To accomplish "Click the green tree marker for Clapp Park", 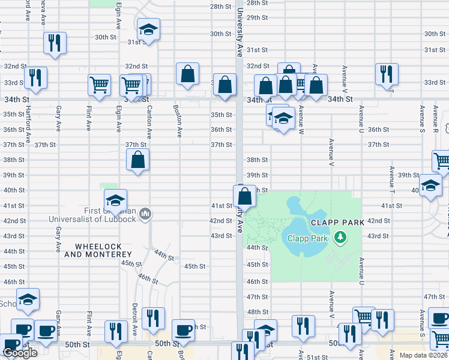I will point(341,238).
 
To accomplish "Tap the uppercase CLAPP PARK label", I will point(338,223).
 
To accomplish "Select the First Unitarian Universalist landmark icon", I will point(145,214).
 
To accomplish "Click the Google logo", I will point(20,352).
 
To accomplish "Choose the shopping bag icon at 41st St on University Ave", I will point(244,196).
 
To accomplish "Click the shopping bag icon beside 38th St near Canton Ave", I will point(138,160).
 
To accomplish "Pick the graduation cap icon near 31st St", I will point(148,29).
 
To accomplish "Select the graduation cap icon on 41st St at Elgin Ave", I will point(115,200).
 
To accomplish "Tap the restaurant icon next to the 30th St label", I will point(55,43).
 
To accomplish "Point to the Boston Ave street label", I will point(177,121).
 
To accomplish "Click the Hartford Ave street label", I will point(28,125).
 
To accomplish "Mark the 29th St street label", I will point(256,18).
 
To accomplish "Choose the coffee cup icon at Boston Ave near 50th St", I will point(183,329).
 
